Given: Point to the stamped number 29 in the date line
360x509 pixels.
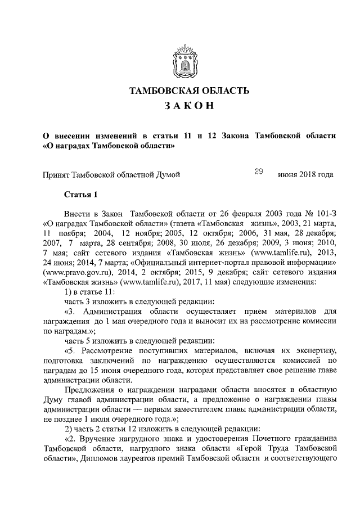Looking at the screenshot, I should coord(259,173).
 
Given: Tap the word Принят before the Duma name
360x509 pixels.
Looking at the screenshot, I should coord(57,175).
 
